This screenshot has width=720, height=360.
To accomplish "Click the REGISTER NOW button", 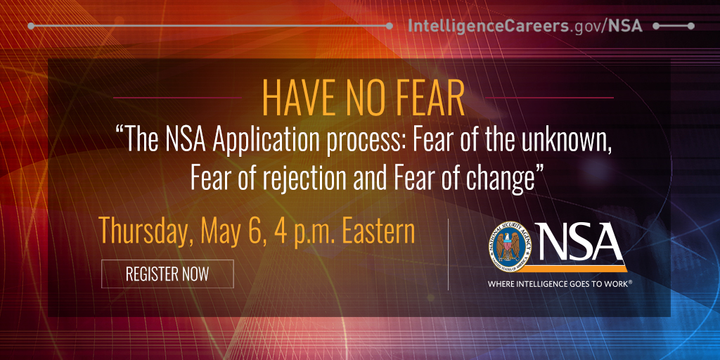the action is [x=167, y=274].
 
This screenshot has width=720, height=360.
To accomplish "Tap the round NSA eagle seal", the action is [x=510, y=247].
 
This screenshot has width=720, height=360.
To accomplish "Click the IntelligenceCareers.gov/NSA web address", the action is [x=525, y=26].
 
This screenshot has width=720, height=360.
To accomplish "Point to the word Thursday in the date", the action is [x=144, y=233].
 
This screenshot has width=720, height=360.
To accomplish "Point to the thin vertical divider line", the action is [x=448, y=255].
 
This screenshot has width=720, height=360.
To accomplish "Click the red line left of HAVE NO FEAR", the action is [x=178, y=98].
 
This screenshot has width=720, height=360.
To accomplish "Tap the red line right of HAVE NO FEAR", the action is [x=549, y=98].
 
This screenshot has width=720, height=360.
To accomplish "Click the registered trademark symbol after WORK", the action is [x=630, y=283].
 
